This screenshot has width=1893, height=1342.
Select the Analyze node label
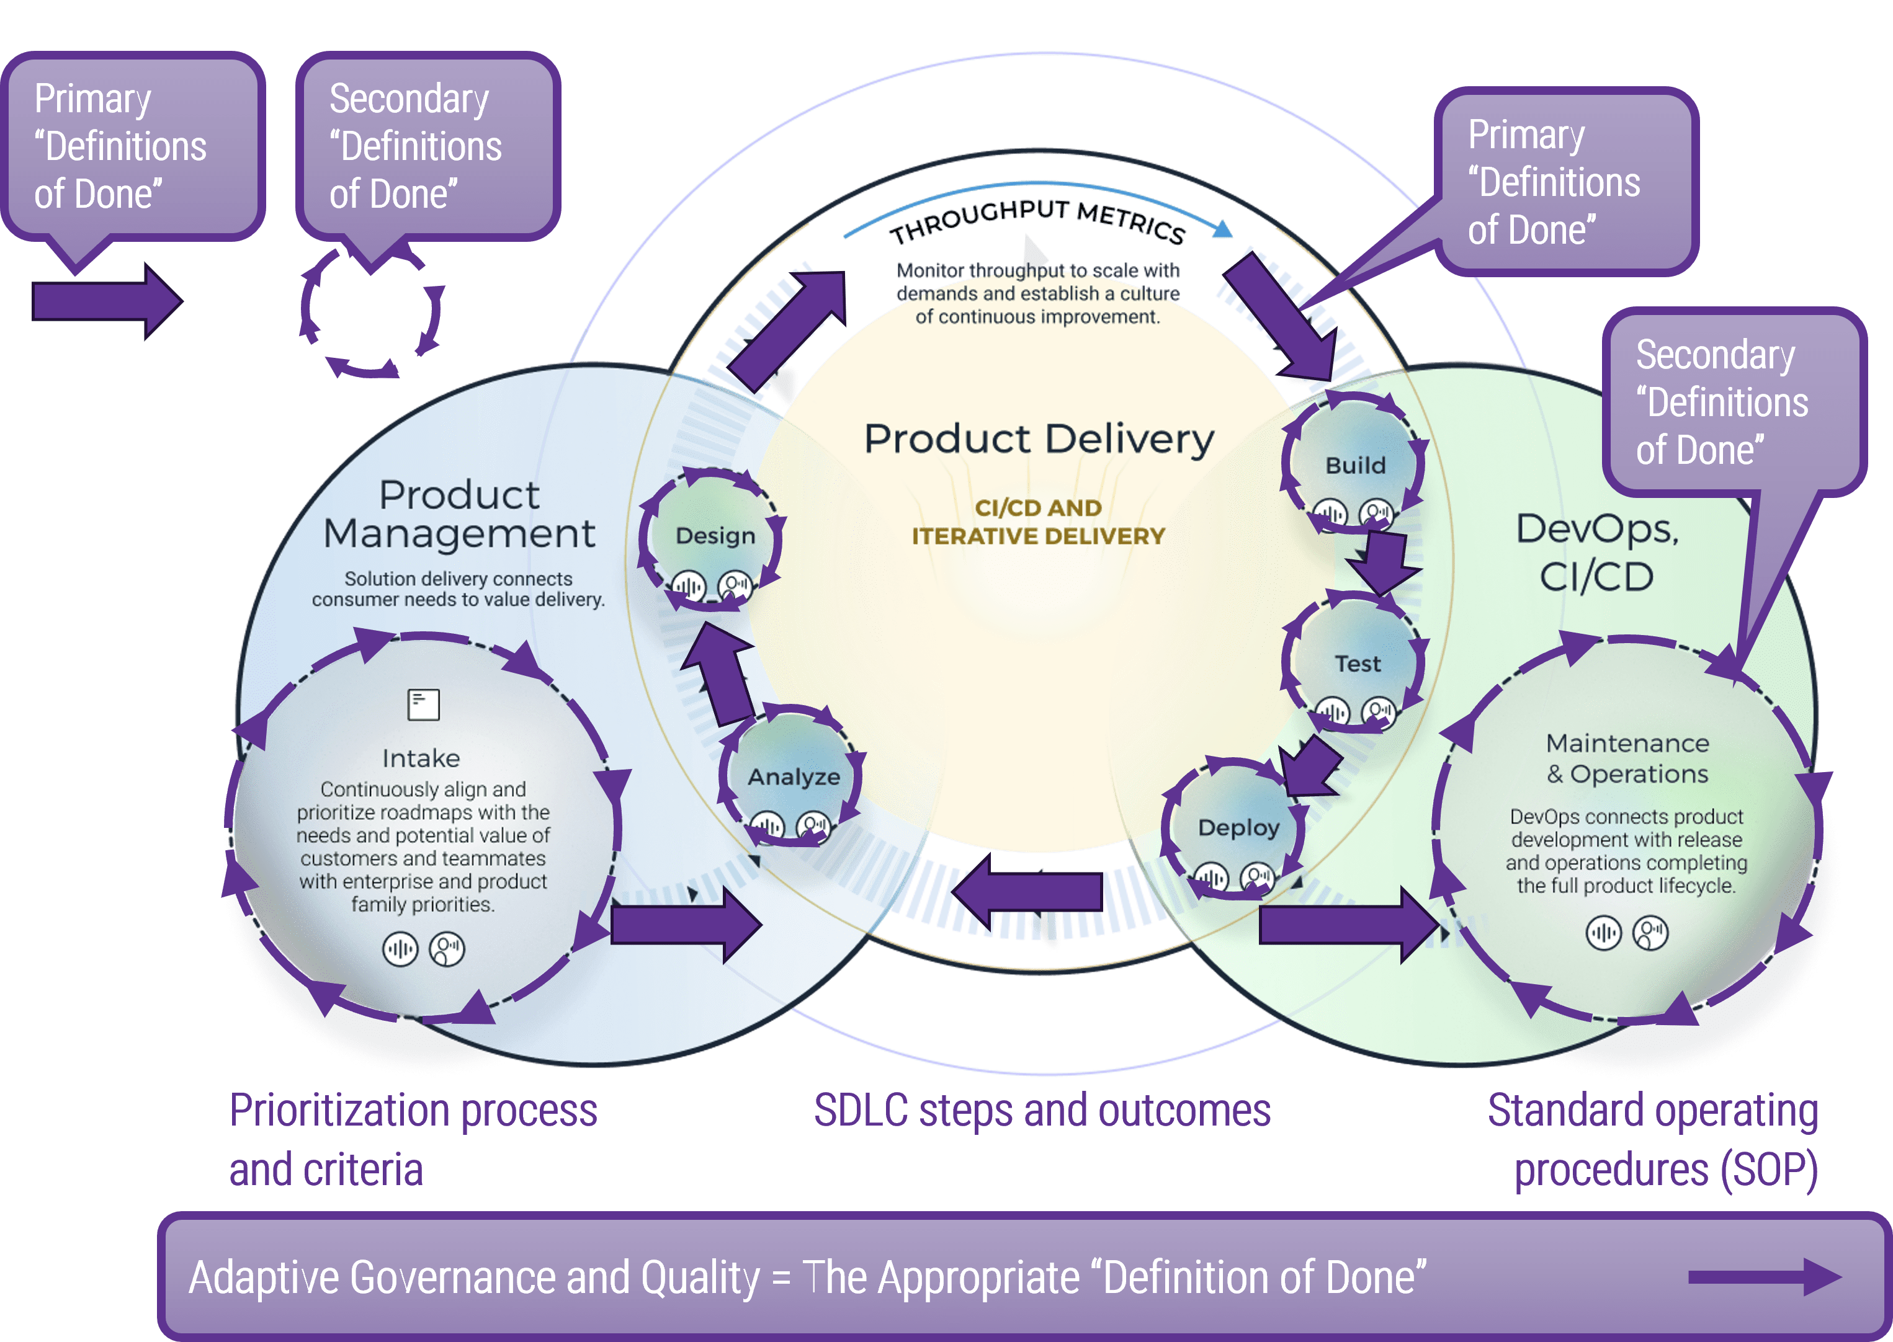coord(794,777)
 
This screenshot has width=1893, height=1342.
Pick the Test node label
coord(1358,664)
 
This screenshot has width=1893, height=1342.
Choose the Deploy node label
coord(1238,827)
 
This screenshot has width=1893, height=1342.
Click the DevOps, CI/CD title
coord(1597,552)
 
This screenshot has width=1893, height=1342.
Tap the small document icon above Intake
coord(423,705)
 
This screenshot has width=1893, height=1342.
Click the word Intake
coord(421,758)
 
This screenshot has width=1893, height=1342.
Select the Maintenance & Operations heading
coord(1627,758)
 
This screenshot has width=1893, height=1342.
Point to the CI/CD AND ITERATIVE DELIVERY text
coord(1038,522)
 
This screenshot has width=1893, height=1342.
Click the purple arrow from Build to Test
coord(1379,562)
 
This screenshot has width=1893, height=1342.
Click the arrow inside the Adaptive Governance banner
coord(1763,1278)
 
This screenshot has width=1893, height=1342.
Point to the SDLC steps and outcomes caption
coord(1042,1110)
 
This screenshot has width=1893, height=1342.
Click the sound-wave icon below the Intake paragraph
coord(400,949)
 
